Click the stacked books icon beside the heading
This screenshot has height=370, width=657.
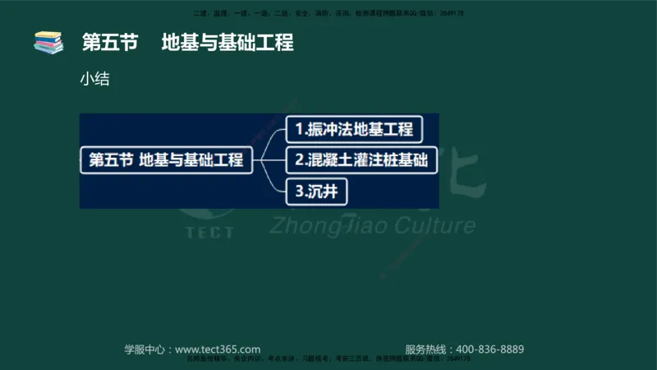pos(48,42)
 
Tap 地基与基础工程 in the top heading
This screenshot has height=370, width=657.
pos(227,43)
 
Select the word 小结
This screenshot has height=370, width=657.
pos(95,80)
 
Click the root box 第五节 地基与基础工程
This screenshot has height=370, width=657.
pos(166,160)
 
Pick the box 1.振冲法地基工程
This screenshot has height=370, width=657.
pos(354,129)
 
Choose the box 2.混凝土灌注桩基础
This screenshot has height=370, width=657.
pos(361,160)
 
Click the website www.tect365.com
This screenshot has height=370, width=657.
pos(218,349)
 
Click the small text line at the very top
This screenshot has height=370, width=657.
pos(328,13)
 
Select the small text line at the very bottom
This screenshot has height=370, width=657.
pos(328,359)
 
